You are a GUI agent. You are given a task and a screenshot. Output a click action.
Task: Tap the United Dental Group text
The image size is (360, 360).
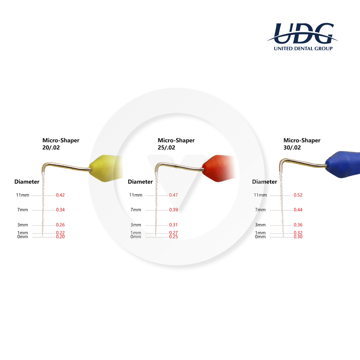[303, 49]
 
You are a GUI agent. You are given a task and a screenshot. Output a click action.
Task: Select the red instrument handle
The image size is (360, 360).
[218, 168]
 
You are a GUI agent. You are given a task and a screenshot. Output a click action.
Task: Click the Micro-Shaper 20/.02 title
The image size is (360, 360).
[61, 144]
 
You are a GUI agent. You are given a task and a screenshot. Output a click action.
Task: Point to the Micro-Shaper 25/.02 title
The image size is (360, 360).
[176, 144]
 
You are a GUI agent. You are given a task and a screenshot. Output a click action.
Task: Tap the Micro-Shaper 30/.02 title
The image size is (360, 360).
[302, 144]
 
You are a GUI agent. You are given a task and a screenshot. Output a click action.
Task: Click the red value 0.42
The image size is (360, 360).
[60, 195]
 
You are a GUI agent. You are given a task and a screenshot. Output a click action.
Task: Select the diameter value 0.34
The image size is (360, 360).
[60, 210]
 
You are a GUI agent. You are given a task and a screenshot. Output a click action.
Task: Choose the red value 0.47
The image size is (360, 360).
[174, 195]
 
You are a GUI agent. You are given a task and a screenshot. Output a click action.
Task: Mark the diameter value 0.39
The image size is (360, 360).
[174, 210]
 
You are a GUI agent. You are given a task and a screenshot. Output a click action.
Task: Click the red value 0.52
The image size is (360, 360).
[298, 195]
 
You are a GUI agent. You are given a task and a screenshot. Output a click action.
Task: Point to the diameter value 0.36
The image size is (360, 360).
[298, 225]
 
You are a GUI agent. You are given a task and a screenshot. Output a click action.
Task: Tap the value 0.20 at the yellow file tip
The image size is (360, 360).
[60, 237]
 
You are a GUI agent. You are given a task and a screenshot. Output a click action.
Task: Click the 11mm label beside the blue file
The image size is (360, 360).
[261, 195]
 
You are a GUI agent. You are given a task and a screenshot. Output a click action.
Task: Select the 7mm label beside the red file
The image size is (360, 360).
[136, 210]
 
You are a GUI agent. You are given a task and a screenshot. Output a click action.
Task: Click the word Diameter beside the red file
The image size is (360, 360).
[140, 182]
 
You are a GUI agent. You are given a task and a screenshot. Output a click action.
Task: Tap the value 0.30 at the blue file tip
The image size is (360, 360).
[298, 237]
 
